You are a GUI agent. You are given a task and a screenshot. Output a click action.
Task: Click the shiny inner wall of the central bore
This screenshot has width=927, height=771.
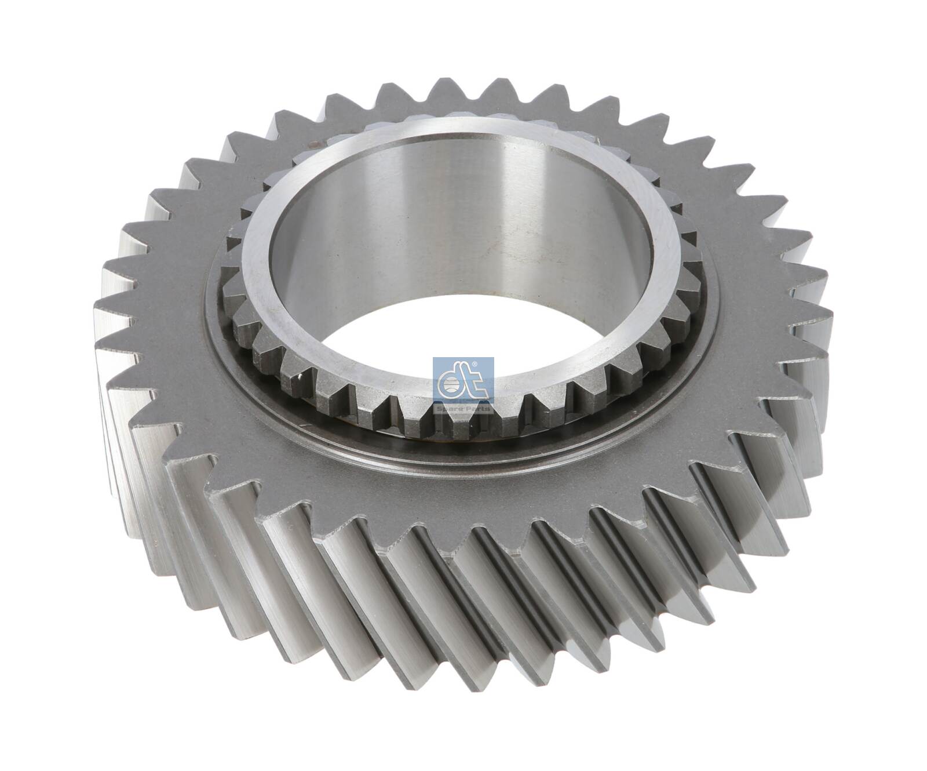tap(463, 220)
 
